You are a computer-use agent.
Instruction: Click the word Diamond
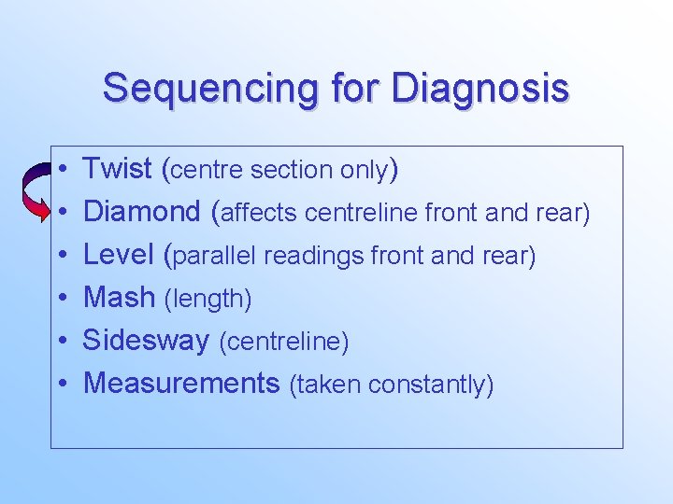(142, 212)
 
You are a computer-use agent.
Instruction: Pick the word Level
(119, 255)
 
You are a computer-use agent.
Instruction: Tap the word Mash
(119, 298)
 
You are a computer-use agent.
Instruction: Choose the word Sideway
(146, 341)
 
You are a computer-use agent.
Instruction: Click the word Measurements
(181, 383)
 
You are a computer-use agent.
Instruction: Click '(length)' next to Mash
(208, 300)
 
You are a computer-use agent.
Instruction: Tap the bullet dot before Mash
(61, 299)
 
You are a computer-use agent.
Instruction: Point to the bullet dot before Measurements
(61, 384)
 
